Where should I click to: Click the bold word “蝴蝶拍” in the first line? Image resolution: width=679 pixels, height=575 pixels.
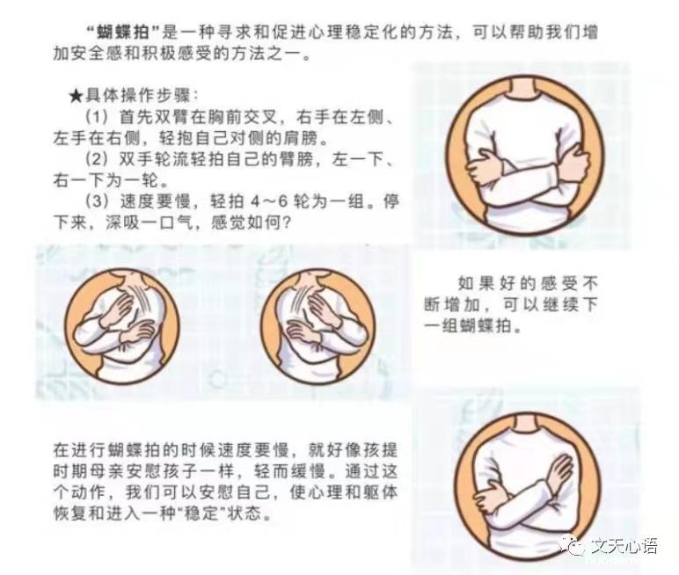click(x=122, y=33)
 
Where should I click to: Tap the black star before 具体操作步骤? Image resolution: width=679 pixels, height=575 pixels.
click(x=76, y=96)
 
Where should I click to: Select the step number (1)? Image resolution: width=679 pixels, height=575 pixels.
click(x=96, y=117)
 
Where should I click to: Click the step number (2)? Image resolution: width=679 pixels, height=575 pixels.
click(x=96, y=159)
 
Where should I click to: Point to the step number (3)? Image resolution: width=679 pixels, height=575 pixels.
click(x=96, y=201)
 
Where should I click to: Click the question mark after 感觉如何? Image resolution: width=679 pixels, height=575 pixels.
click(x=286, y=223)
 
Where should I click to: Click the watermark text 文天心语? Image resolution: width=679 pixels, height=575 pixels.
click(x=624, y=546)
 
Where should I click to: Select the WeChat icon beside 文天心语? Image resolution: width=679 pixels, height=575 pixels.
click(x=573, y=546)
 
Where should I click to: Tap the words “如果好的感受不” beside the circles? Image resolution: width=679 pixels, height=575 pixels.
click(x=528, y=284)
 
